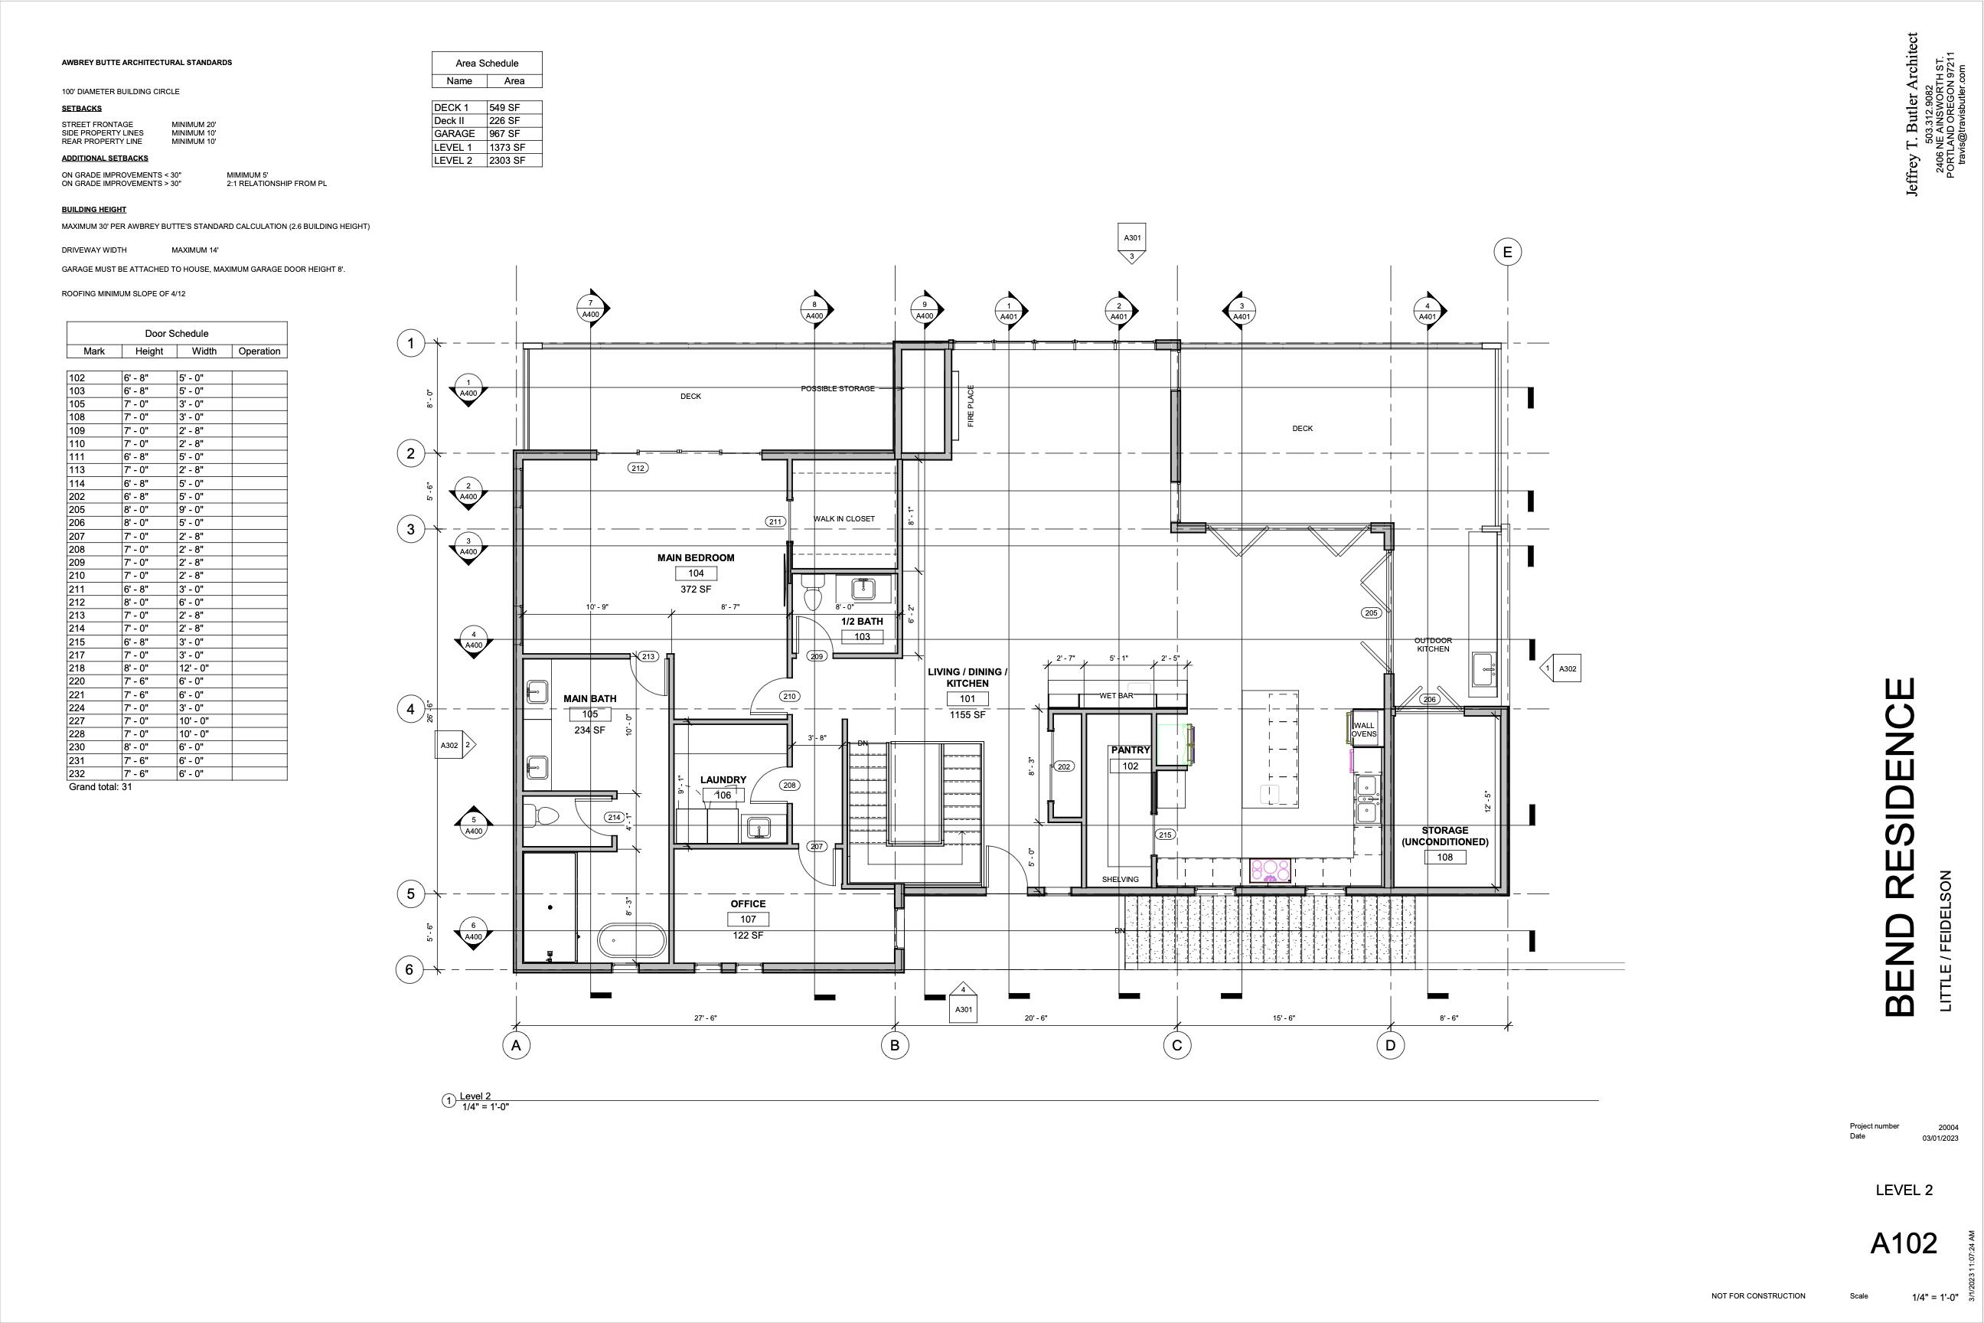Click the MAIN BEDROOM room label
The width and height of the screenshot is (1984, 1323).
tap(695, 557)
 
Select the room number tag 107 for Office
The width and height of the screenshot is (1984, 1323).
tap(747, 920)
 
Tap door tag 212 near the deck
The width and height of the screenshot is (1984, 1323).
tap(638, 468)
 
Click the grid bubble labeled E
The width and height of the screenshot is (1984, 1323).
tap(1506, 251)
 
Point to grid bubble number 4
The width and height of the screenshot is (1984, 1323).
tap(411, 709)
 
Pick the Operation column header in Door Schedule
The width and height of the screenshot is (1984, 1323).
tap(259, 351)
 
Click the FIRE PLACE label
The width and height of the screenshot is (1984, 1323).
tap(970, 406)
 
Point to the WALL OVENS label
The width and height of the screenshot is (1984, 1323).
tap(1363, 729)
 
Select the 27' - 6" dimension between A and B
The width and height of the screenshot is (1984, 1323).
tap(705, 1018)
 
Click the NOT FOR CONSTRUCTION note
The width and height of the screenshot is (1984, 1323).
tap(1758, 1296)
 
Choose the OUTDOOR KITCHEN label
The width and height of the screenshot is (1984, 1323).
tap(1432, 645)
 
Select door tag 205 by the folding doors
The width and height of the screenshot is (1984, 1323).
tap(1371, 612)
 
